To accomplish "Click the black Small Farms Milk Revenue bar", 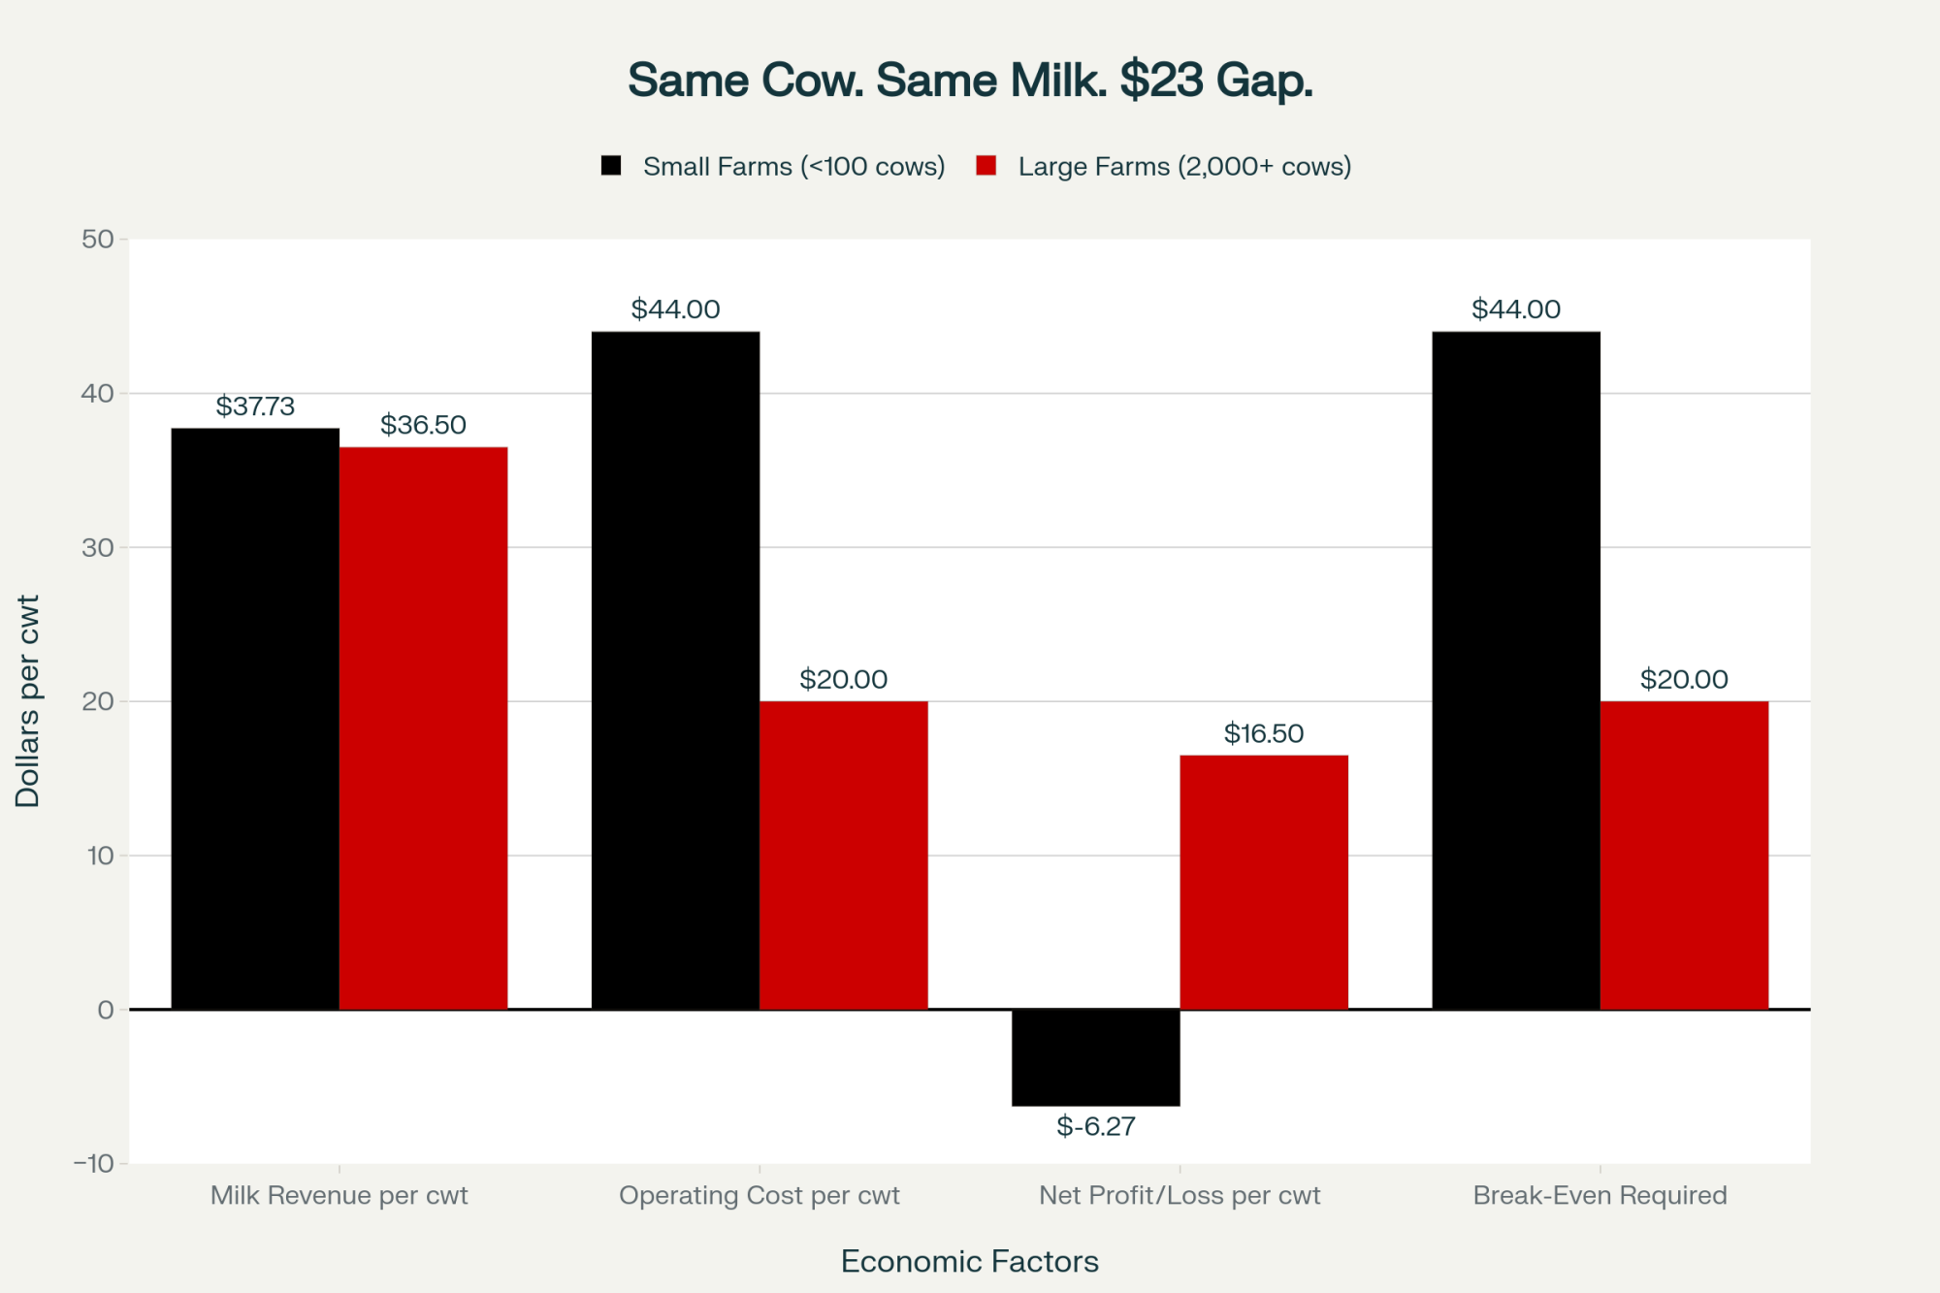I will pos(255,718).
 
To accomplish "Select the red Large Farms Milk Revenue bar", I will pos(423,727).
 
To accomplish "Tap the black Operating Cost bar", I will pos(675,669).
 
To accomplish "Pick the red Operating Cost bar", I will pos(843,854).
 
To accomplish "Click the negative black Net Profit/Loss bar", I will pos(1095,1057).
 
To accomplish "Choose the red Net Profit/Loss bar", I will pos(1263,882).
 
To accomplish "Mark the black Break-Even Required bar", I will pos(1516,669).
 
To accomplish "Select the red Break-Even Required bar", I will pos(1684,854).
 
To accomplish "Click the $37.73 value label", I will pos(255,406).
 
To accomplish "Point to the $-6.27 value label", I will pos(1095,1126).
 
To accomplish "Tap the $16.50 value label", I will pos(1263,733).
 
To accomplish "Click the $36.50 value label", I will pos(423,425).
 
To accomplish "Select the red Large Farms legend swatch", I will pos(986,166).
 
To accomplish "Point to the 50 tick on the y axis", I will pos(98,240).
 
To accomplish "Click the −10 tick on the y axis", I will pos(94,1163).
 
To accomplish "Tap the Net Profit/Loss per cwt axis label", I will pos(1180,1195).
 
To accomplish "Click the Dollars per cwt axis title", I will pos(27,700).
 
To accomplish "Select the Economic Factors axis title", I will pos(969,1261).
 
